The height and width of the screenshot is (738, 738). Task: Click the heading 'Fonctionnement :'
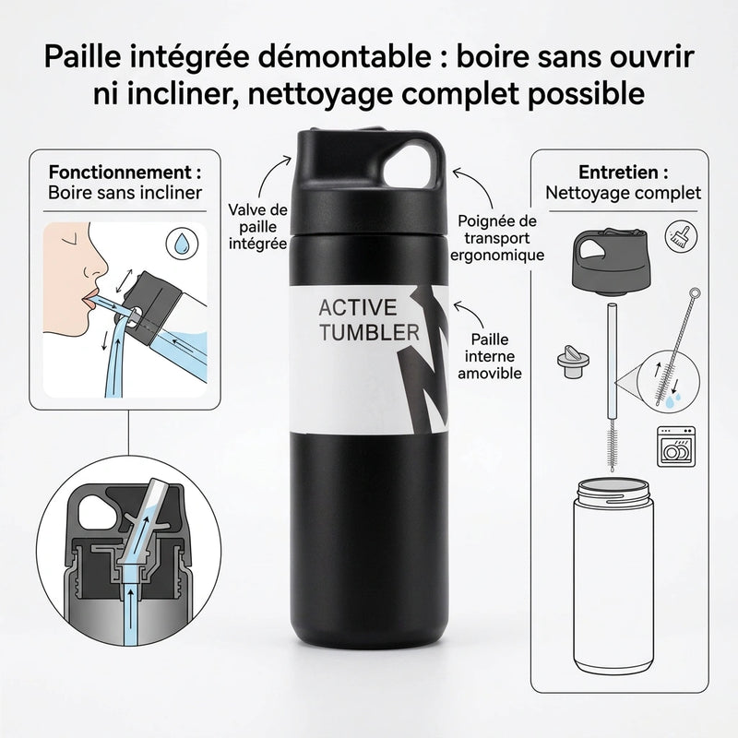[x=125, y=173]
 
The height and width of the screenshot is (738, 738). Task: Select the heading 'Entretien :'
[x=623, y=173]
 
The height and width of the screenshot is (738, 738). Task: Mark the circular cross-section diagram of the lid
[x=125, y=548]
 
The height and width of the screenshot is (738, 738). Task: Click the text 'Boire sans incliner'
[x=125, y=194]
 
